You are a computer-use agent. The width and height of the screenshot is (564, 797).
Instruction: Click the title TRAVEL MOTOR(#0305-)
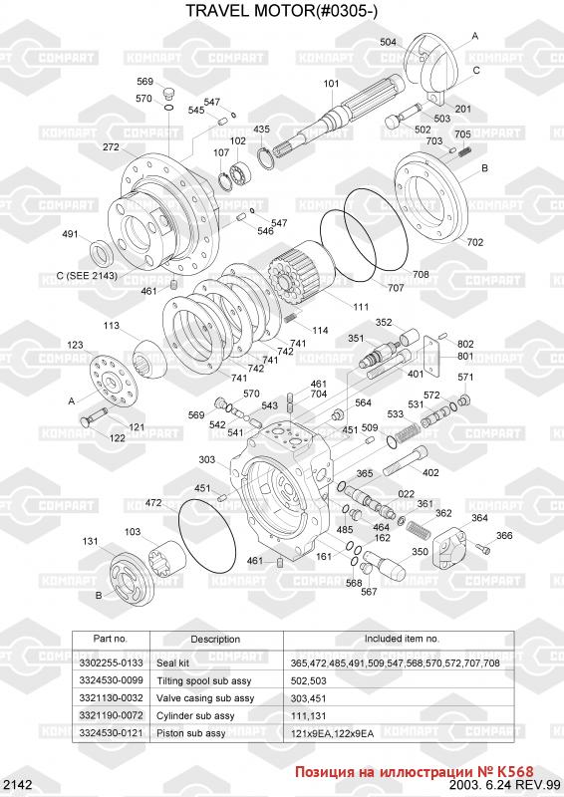(x=281, y=10)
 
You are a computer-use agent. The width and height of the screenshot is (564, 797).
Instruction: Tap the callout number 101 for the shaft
(x=331, y=84)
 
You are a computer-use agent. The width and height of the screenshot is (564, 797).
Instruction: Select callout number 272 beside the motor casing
(x=111, y=146)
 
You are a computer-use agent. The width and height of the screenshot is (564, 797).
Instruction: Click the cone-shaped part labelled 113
(x=148, y=360)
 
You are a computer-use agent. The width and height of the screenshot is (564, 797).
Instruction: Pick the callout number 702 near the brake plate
(x=475, y=242)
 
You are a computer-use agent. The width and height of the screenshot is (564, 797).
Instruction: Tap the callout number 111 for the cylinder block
(x=361, y=307)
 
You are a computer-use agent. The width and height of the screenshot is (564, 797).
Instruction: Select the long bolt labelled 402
(x=405, y=460)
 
